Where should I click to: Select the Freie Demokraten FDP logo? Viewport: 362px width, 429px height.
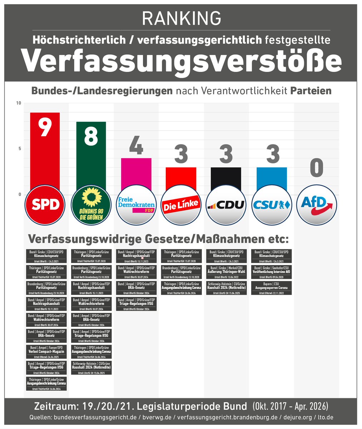(136, 204)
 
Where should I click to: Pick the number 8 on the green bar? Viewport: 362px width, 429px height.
(91, 136)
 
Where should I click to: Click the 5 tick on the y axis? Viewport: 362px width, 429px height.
(20, 149)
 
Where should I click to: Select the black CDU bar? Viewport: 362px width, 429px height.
(226, 179)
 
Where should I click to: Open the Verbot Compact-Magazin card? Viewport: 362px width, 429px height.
(46, 351)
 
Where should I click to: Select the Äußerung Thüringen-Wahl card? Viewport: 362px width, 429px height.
(226, 272)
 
